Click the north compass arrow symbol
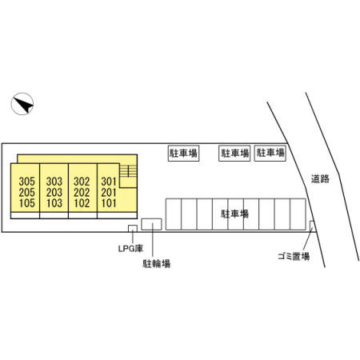[22, 104]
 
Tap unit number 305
[27, 182]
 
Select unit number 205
[27, 192]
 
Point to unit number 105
[27, 203]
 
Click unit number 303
[54, 182]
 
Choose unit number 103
[54, 203]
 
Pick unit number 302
[82, 182]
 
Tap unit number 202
[82, 192]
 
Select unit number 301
[109, 182]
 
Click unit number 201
[109, 192]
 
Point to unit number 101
[109, 203]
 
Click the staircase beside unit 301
[128, 171]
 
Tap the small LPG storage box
[133, 229]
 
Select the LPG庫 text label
[130, 249]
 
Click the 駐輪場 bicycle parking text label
[157, 264]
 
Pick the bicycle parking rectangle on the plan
[151, 224]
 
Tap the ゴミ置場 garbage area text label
[294, 257]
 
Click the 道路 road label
[320, 179]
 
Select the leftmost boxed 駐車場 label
[183, 153]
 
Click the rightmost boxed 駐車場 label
[270, 153]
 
